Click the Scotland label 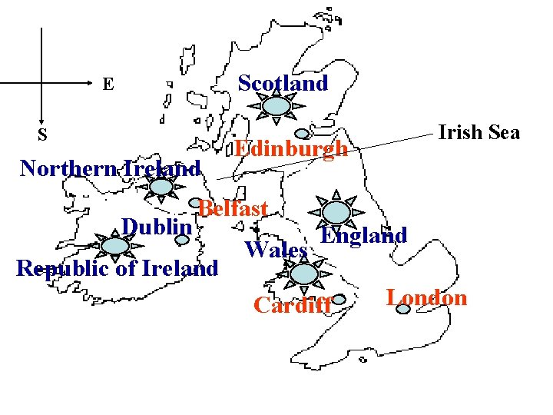[283, 83]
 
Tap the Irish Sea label [478, 132]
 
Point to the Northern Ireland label [110, 168]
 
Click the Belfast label [233, 208]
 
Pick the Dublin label [156, 227]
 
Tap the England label [363, 235]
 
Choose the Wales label [276, 250]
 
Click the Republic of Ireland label [118, 268]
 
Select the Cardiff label [293, 305]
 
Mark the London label [426, 297]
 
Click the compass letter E [108, 84]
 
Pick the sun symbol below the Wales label [304, 273]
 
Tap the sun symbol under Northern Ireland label [161, 187]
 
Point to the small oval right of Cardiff [340, 300]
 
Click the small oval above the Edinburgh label [303, 133]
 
